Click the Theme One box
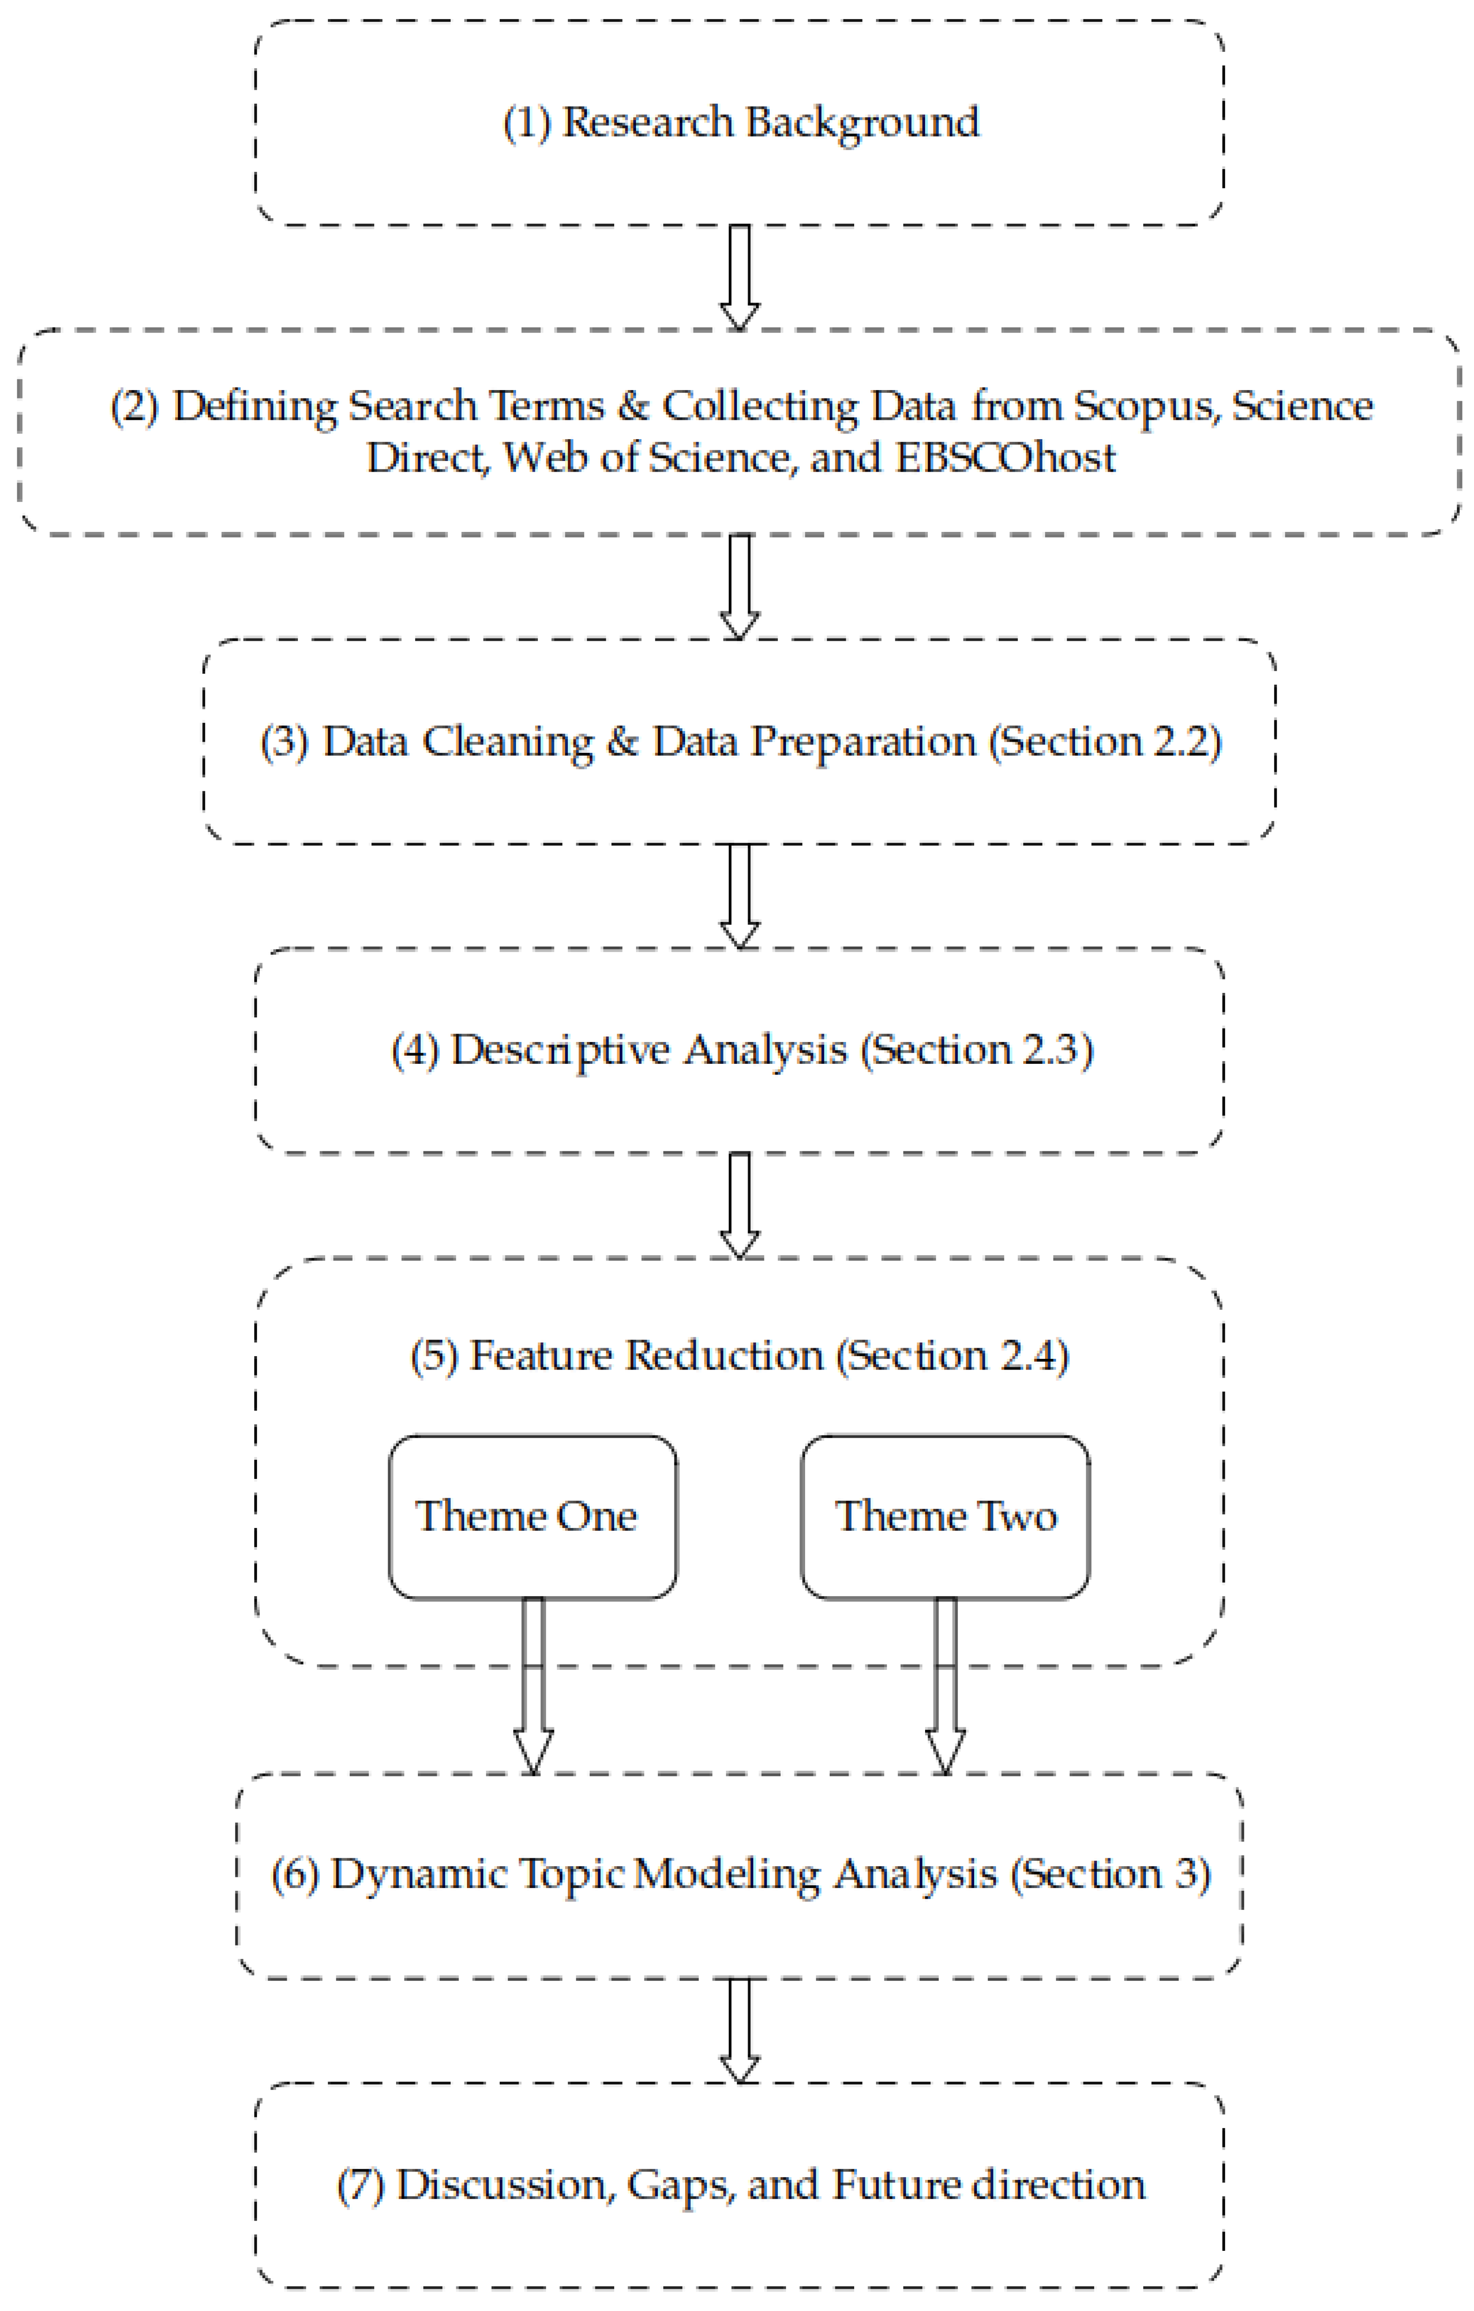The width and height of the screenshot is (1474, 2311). [x=533, y=1516]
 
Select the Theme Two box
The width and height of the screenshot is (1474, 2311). [x=945, y=1516]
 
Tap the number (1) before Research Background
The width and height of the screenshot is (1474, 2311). [x=527, y=123]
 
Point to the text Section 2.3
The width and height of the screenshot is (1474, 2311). [x=977, y=1050]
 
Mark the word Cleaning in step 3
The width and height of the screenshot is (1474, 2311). [x=509, y=742]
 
